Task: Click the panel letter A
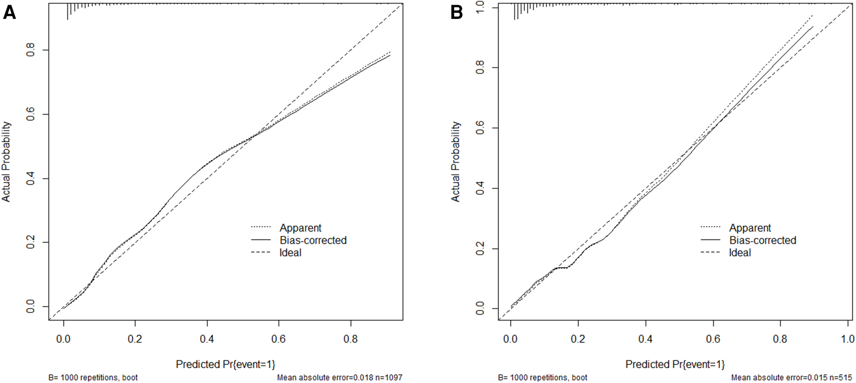(9, 12)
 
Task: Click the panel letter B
(456, 12)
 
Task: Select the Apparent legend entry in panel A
(300, 228)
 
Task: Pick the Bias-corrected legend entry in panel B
(762, 240)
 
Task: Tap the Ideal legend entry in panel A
(290, 253)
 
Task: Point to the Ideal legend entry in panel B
(740, 253)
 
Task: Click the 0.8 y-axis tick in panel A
(30, 50)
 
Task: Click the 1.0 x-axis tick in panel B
(847, 339)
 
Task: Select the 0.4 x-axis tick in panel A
(207, 339)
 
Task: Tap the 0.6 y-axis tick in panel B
(480, 128)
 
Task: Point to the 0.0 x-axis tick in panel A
(63, 339)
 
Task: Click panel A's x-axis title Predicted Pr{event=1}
(225, 364)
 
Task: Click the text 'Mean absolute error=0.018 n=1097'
(340, 377)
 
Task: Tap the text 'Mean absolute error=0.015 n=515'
(791, 377)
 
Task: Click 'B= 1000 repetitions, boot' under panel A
(93, 377)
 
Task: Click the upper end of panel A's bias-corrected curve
(390, 55)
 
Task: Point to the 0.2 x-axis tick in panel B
(577, 339)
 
